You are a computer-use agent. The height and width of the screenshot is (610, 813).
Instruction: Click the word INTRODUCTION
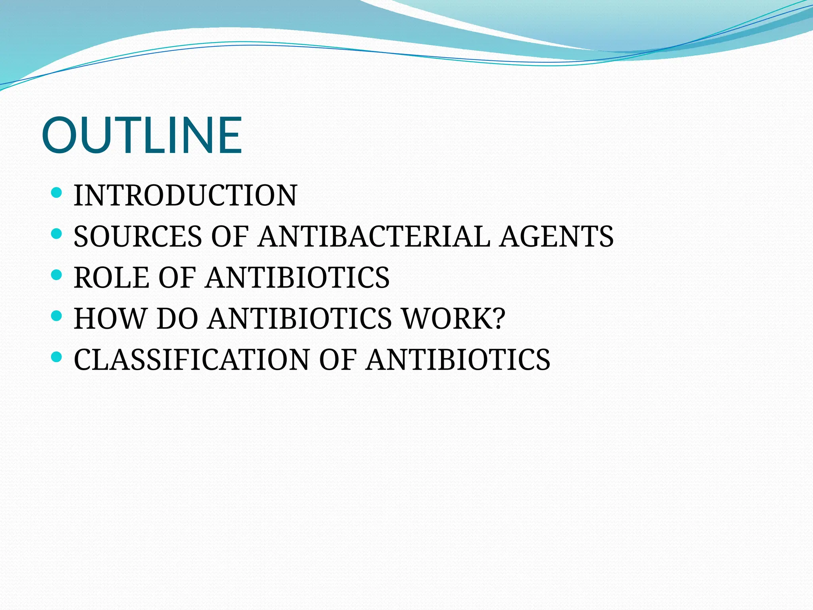[x=185, y=195]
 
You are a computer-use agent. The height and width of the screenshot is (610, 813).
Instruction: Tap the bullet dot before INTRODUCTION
[x=57, y=193]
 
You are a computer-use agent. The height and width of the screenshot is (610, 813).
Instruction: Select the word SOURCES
[x=138, y=237]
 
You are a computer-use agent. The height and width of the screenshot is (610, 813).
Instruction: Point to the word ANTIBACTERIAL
[x=374, y=237]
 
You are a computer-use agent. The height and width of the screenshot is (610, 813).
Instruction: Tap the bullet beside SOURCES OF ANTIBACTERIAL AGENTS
[x=57, y=234]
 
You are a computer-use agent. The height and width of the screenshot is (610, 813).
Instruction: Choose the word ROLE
[x=112, y=278]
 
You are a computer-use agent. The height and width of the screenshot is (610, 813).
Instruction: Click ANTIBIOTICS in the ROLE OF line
[x=297, y=278]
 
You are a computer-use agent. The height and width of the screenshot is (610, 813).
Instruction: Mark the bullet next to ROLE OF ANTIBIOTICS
[x=57, y=275]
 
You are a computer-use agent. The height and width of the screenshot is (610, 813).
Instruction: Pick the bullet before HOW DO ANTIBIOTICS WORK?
[x=57, y=316]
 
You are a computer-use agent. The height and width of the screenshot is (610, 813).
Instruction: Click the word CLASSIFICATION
[x=191, y=360]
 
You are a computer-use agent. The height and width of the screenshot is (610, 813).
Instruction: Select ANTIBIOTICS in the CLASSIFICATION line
[x=458, y=360]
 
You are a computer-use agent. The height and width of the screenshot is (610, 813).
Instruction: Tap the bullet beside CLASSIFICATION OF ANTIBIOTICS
[x=57, y=357]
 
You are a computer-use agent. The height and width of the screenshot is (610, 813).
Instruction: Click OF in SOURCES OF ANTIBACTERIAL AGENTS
[x=230, y=237]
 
